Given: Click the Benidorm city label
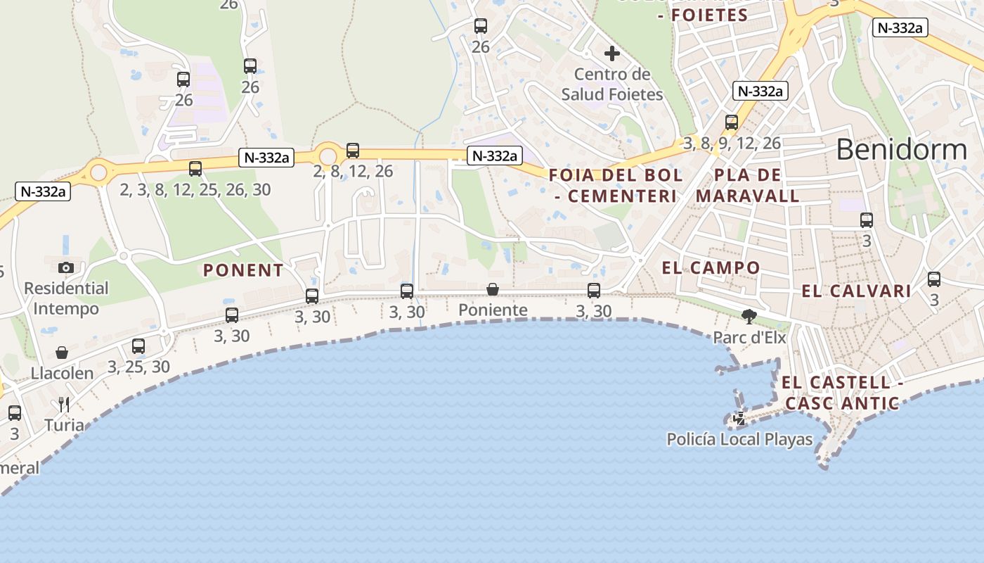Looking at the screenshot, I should point(902,149).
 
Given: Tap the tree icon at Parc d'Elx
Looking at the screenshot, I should point(749,317).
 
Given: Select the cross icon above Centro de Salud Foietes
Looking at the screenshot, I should point(611,53).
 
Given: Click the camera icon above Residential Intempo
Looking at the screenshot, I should point(66,267).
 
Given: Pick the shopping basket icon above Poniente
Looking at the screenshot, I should point(493,289).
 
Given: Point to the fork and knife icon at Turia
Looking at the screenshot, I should point(64,404).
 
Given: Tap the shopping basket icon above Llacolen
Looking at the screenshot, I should point(62,353).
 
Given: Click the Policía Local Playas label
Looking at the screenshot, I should point(739,440).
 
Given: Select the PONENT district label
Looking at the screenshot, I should point(243,270).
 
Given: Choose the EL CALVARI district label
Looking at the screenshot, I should point(856,291).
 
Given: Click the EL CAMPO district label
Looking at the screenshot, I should point(711,267).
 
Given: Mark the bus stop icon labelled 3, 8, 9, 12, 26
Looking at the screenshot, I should point(732,122).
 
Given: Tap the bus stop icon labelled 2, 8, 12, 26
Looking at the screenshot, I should point(353,151).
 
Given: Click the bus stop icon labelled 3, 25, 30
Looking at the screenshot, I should point(138,346).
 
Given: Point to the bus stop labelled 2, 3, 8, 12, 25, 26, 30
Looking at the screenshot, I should point(195,169).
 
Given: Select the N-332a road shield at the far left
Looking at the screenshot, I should point(43,191).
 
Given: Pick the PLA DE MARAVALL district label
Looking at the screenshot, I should point(748,185).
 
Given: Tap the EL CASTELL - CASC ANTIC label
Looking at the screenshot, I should point(842,393).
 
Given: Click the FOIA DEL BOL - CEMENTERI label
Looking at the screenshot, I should point(615,185).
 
